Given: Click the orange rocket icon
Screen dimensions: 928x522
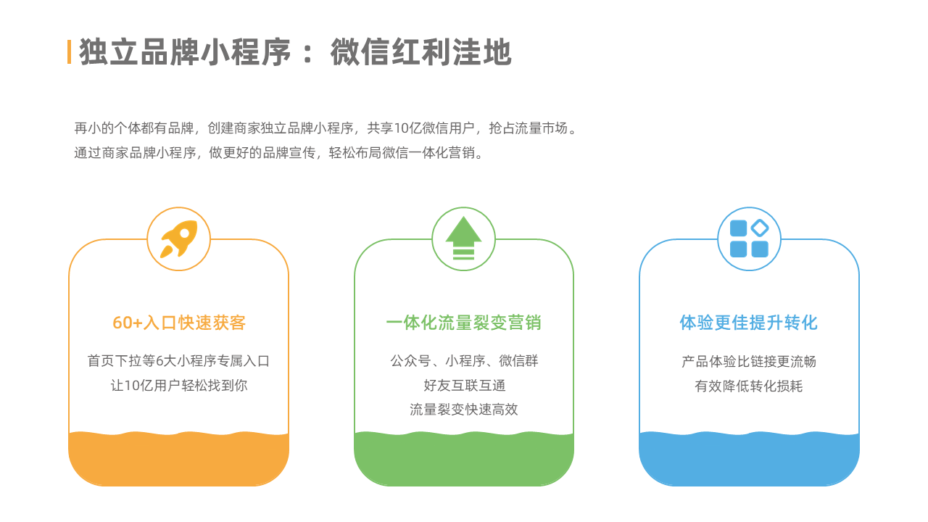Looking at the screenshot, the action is (x=178, y=239).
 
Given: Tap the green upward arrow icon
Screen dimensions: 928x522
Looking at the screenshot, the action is (x=463, y=239).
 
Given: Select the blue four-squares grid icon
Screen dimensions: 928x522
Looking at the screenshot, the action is (x=749, y=239).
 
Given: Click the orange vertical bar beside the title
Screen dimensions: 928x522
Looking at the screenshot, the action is (x=69, y=51).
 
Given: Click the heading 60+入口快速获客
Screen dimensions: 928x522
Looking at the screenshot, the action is (x=179, y=323).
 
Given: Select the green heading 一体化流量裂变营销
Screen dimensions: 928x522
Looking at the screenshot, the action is (x=463, y=323).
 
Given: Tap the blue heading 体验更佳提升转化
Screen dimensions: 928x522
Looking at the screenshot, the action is (x=749, y=323).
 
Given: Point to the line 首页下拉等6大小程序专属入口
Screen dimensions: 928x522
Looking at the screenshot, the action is (x=178, y=361).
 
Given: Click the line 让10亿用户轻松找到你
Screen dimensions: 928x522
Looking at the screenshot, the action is (x=179, y=386).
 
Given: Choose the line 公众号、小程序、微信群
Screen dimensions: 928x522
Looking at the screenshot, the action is (x=464, y=361).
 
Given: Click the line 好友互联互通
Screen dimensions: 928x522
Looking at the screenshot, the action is (x=464, y=386).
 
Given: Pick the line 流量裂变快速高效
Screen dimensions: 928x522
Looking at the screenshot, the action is (x=464, y=410).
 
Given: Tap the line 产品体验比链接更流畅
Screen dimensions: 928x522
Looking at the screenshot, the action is (x=749, y=362).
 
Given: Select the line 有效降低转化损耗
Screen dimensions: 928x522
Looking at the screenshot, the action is (x=749, y=386).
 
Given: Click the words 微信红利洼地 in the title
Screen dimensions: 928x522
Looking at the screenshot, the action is (x=421, y=52).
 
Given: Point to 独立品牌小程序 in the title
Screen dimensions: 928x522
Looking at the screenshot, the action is (x=185, y=52).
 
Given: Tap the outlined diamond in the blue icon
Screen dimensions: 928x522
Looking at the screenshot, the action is (x=760, y=228).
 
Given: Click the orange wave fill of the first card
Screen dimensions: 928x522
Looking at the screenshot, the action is (x=178, y=459).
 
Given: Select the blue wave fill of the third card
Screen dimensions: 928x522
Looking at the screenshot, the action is (x=749, y=459).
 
